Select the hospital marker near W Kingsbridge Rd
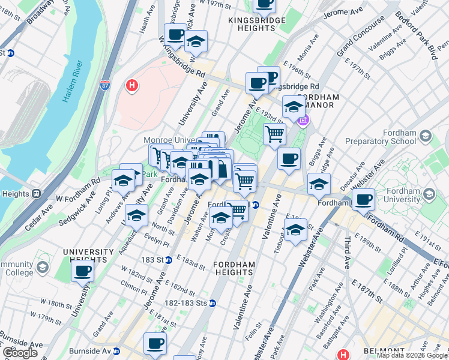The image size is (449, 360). click(131, 86)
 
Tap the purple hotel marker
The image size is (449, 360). click(303, 121)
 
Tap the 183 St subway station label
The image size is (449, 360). click(157, 260)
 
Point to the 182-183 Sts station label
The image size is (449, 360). click(190, 303)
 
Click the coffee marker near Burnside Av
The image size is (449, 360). click(155, 344)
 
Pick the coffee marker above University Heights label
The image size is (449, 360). click(83, 271)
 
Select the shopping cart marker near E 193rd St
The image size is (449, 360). click(274, 134)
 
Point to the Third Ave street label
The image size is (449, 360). click(348, 256)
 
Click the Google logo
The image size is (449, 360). click(20, 352)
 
